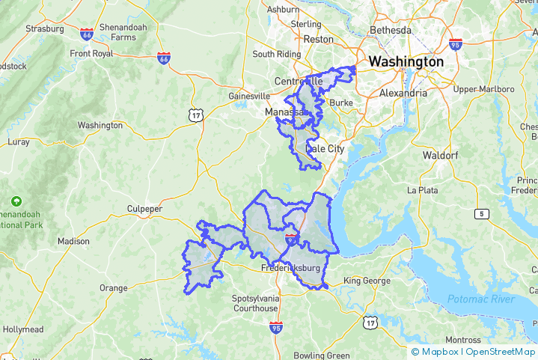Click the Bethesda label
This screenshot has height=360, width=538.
point(391,31)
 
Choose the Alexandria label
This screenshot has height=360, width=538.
point(403,93)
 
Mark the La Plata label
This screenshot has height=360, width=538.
point(422,190)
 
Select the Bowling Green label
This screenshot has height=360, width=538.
point(322,355)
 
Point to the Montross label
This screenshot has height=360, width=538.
point(464,340)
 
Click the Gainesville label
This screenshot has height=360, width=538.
point(249,97)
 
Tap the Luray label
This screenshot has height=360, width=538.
point(18,141)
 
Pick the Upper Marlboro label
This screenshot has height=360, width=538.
point(485,89)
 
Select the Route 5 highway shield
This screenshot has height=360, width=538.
point(480,215)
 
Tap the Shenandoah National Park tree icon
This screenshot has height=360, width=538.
point(16,201)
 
